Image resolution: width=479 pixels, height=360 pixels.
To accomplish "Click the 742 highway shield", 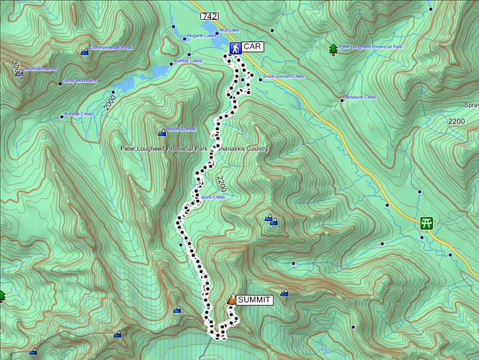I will point(210,16).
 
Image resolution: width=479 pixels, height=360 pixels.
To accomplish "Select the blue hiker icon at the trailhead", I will point(235,47).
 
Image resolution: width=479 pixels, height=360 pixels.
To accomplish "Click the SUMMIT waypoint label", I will point(254,300).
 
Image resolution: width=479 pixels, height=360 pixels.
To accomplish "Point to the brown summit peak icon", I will point(231,299).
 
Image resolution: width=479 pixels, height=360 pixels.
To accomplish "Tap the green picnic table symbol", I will point(426,223).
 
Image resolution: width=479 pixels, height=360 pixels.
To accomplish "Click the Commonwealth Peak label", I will point(111,47).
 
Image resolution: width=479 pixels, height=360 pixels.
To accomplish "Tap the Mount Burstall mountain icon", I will point(162,132).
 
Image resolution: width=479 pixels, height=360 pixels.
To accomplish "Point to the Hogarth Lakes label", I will point(202,36).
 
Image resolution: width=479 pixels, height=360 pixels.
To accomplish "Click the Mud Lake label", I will point(229,30).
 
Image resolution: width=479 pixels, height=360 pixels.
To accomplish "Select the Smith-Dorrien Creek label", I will point(283,77).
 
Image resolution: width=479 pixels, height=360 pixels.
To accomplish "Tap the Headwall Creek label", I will point(360,98).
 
